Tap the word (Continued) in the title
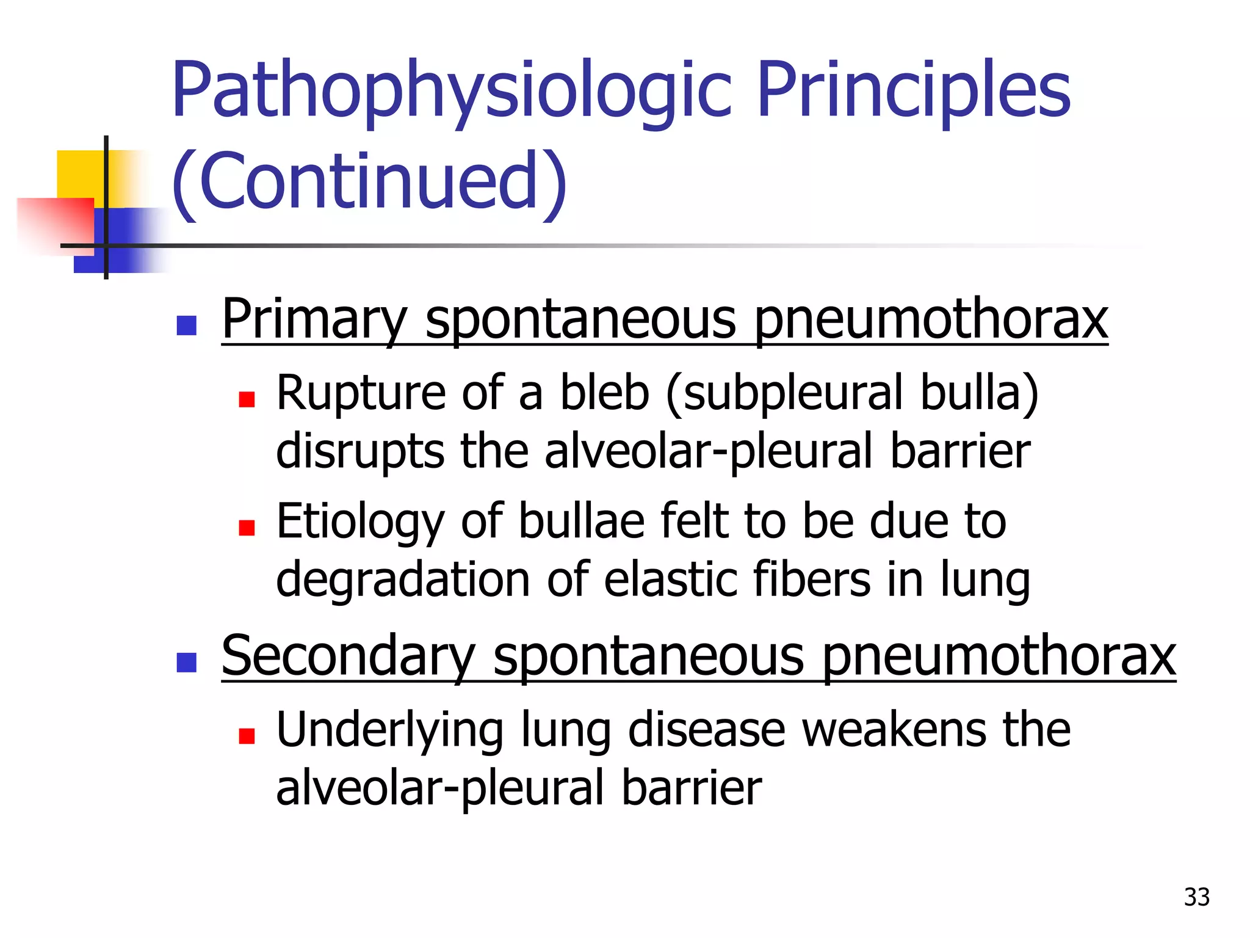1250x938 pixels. click(370, 182)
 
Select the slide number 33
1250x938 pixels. click(1196, 897)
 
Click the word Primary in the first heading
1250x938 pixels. click(314, 319)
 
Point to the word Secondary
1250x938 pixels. click(348, 656)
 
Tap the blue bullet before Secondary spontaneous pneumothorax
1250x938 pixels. click(186, 663)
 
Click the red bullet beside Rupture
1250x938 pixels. click(247, 399)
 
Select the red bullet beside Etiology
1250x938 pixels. click(247, 528)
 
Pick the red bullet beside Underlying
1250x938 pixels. click(247, 736)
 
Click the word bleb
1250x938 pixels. click(604, 393)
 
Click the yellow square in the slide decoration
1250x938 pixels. click(79, 174)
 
